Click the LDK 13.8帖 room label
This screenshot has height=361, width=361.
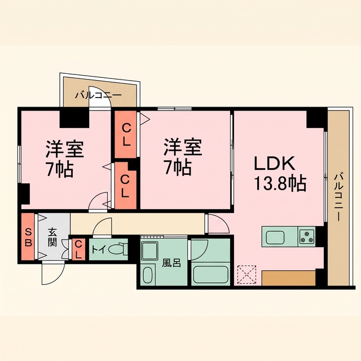click(280, 174)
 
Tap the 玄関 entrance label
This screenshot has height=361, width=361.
click(52, 237)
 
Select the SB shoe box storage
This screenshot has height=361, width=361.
click(28, 236)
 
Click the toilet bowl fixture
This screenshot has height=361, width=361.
click(117, 249)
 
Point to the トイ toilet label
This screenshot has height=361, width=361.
click(99, 249)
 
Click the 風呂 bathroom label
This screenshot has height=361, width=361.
click(171, 263)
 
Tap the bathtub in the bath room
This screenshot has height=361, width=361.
click(210, 275)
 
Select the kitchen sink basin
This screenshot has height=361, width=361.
click(275, 237)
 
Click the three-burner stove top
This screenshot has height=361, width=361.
click(307, 236)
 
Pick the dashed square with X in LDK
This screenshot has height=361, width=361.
click(246, 275)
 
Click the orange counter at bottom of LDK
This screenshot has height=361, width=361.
click(288, 278)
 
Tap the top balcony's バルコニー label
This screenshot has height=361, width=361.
click(98, 95)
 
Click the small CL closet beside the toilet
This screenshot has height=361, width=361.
click(78, 249)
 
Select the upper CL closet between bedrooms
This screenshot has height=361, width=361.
click(126, 134)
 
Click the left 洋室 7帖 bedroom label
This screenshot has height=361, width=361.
click(63, 159)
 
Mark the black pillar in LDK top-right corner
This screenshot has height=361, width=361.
click(316, 119)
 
